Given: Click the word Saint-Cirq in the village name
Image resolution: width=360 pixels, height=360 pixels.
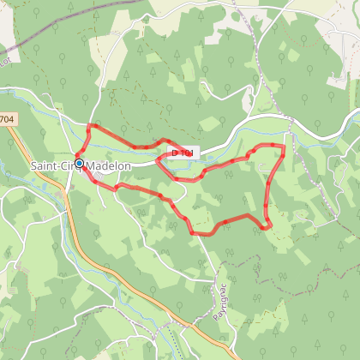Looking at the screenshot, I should (x=52, y=165).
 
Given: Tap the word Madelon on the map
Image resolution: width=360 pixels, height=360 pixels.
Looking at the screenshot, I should (x=109, y=165).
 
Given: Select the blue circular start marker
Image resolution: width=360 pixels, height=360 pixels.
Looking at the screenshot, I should (x=79, y=163).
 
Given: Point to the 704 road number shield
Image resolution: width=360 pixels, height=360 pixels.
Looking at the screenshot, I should (x=8, y=121).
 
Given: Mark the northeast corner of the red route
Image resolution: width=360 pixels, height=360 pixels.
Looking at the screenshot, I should (x=283, y=147).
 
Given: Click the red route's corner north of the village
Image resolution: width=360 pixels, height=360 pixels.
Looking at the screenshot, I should (x=91, y=126).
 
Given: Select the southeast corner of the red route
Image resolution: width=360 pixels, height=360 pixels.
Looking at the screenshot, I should (x=267, y=227).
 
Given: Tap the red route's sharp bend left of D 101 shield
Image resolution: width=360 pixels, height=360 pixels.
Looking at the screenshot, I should (x=158, y=162).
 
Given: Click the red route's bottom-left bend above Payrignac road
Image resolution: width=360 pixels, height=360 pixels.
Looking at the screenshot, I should (x=193, y=231).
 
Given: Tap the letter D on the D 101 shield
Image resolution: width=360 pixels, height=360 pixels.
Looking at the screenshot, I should (x=176, y=153).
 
